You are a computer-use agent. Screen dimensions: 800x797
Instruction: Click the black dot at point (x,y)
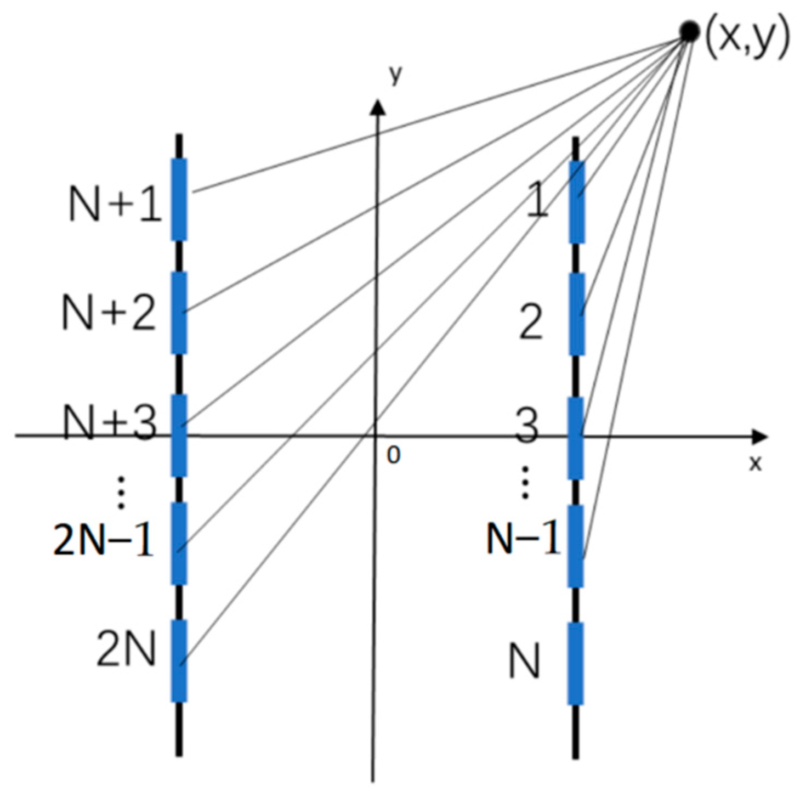[689, 32]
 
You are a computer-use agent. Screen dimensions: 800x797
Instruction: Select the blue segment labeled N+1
[179, 200]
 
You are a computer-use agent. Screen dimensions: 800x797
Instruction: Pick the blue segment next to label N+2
[179, 313]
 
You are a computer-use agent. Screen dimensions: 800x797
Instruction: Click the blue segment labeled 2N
[179, 661]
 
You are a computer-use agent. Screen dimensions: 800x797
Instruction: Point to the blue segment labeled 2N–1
[179, 543]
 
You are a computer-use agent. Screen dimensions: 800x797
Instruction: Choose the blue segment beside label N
[575, 663]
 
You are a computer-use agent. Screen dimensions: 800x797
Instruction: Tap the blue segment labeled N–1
[575, 546]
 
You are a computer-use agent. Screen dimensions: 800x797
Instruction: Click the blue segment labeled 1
[576, 202]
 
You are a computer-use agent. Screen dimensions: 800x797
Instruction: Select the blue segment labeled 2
[576, 314]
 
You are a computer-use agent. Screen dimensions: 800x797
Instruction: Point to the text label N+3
[110, 423]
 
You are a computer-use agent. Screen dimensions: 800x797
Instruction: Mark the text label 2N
[126, 649]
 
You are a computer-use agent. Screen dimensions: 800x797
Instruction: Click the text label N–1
[523, 538]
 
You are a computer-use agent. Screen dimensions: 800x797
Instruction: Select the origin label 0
[393, 455]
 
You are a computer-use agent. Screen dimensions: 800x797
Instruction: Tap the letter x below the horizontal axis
[756, 463]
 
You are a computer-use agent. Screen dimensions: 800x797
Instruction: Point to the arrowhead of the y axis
[377, 106]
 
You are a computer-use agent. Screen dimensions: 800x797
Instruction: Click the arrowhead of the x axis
[760, 437]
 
